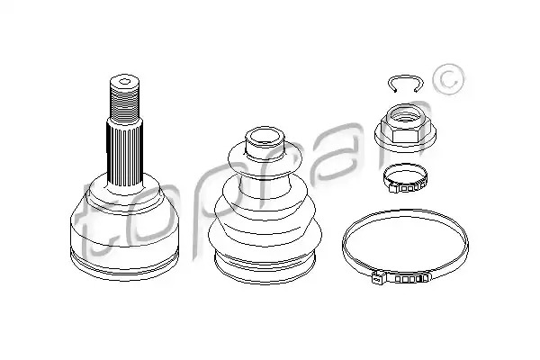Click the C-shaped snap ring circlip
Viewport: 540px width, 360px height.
(405, 76)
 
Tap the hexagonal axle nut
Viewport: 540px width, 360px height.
(405, 128)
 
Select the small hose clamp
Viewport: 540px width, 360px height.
(405, 178)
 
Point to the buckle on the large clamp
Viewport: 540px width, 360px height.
(400, 277)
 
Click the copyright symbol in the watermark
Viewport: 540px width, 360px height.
(448, 79)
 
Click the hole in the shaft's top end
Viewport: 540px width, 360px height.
(124, 82)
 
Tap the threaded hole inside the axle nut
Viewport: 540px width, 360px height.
(405, 117)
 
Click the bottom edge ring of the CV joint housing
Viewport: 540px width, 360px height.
(124, 265)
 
